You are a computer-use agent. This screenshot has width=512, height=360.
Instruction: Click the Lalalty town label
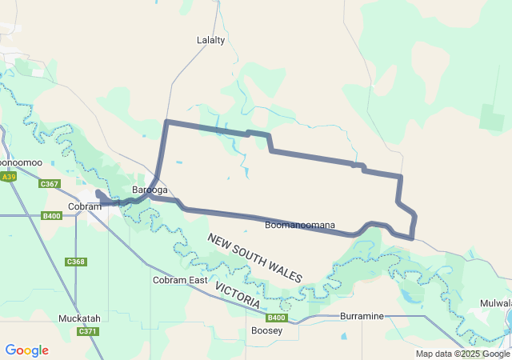(x=210, y=39)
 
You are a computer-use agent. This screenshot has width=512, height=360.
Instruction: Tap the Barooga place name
(x=150, y=190)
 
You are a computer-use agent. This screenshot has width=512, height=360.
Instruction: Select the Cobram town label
(x=84, y=206)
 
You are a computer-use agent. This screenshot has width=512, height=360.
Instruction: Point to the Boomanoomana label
(x=300, y=226)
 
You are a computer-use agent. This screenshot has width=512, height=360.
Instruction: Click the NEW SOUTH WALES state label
(x=255, y=258)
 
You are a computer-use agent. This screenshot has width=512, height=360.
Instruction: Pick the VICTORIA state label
(x=237, y=293)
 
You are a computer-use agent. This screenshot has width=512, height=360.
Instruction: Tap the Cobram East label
(x=180, y=280)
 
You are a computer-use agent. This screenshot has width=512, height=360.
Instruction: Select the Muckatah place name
(x=79, y=318)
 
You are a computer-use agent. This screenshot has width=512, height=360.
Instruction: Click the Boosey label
(x=266, y=330)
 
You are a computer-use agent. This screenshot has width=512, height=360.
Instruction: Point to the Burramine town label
(x=362, y=316)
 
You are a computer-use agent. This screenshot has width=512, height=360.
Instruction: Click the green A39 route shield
(x=8, y=177)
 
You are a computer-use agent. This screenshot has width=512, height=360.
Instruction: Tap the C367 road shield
(x=50, y=184)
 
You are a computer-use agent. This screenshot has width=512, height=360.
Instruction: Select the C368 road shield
(x=76, y=262)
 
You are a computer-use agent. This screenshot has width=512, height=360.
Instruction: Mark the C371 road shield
(x=87, y=331)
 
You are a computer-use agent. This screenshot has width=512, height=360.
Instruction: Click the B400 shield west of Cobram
(x=52, y=216)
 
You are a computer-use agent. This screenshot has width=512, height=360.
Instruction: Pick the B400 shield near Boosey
(x=274, y=318)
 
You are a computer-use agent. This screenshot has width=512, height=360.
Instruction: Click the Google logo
(x=26, y=350)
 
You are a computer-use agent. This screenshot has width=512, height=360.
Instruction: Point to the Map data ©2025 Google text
(x=462, y=354)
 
